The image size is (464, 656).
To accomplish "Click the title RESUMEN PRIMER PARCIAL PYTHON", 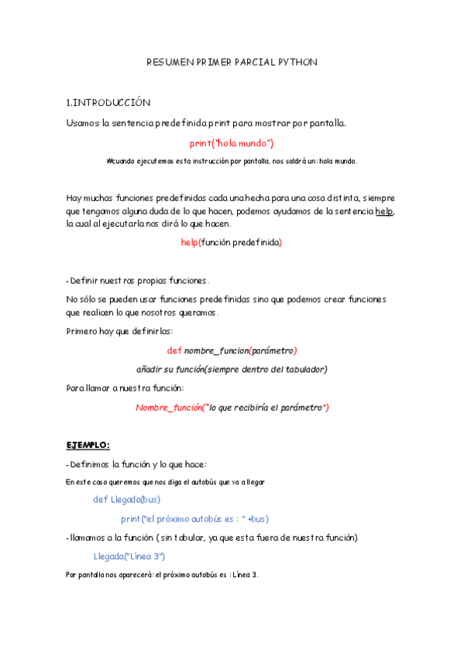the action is point(232,62).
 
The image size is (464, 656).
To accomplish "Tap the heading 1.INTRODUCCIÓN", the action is point(108,102).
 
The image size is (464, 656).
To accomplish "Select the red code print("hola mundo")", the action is point(232,143).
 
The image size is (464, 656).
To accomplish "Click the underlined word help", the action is point(385,211).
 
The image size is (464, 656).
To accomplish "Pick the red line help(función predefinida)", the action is point(232,242).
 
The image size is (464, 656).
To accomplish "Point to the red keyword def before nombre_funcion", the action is point(174,350).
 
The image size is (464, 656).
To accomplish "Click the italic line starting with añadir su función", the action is point(232,369).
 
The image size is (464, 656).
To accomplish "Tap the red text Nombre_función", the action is point(167,407).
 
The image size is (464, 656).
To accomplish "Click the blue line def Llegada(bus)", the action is point(126,499).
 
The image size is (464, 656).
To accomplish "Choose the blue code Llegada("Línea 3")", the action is point(129,555).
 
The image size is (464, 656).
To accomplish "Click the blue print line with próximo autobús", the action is point(194,518).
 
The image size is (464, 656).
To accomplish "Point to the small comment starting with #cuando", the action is point(232,161).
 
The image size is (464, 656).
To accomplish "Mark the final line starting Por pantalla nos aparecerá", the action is point(162,575).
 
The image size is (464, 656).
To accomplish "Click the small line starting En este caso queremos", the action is point(165,481).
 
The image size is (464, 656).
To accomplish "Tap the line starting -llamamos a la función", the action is point(211,537).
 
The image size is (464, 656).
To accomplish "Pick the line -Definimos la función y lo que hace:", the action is point(136,464).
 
